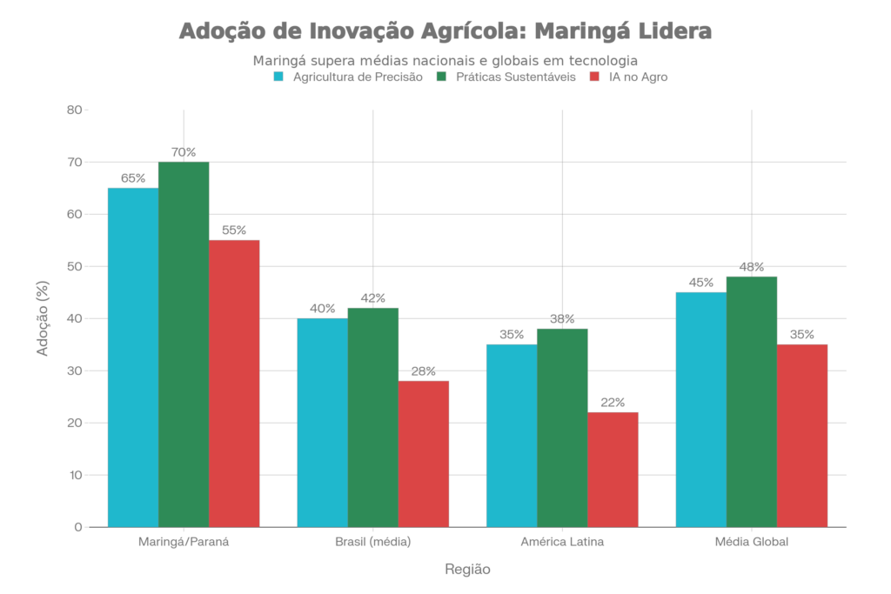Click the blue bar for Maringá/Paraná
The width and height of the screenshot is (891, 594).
133,357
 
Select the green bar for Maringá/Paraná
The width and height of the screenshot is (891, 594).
184,344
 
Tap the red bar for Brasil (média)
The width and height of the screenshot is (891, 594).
424,453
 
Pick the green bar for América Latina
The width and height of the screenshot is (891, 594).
562,427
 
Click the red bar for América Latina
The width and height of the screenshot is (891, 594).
613,469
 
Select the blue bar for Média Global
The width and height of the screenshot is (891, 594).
701,409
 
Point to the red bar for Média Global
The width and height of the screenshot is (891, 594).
802,435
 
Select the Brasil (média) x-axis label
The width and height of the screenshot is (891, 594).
372,542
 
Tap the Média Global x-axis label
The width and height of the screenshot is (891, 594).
752,542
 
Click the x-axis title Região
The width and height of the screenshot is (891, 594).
468,570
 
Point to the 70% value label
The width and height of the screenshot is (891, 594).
184,152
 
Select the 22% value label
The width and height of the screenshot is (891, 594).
613,402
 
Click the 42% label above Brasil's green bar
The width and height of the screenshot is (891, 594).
372,298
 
